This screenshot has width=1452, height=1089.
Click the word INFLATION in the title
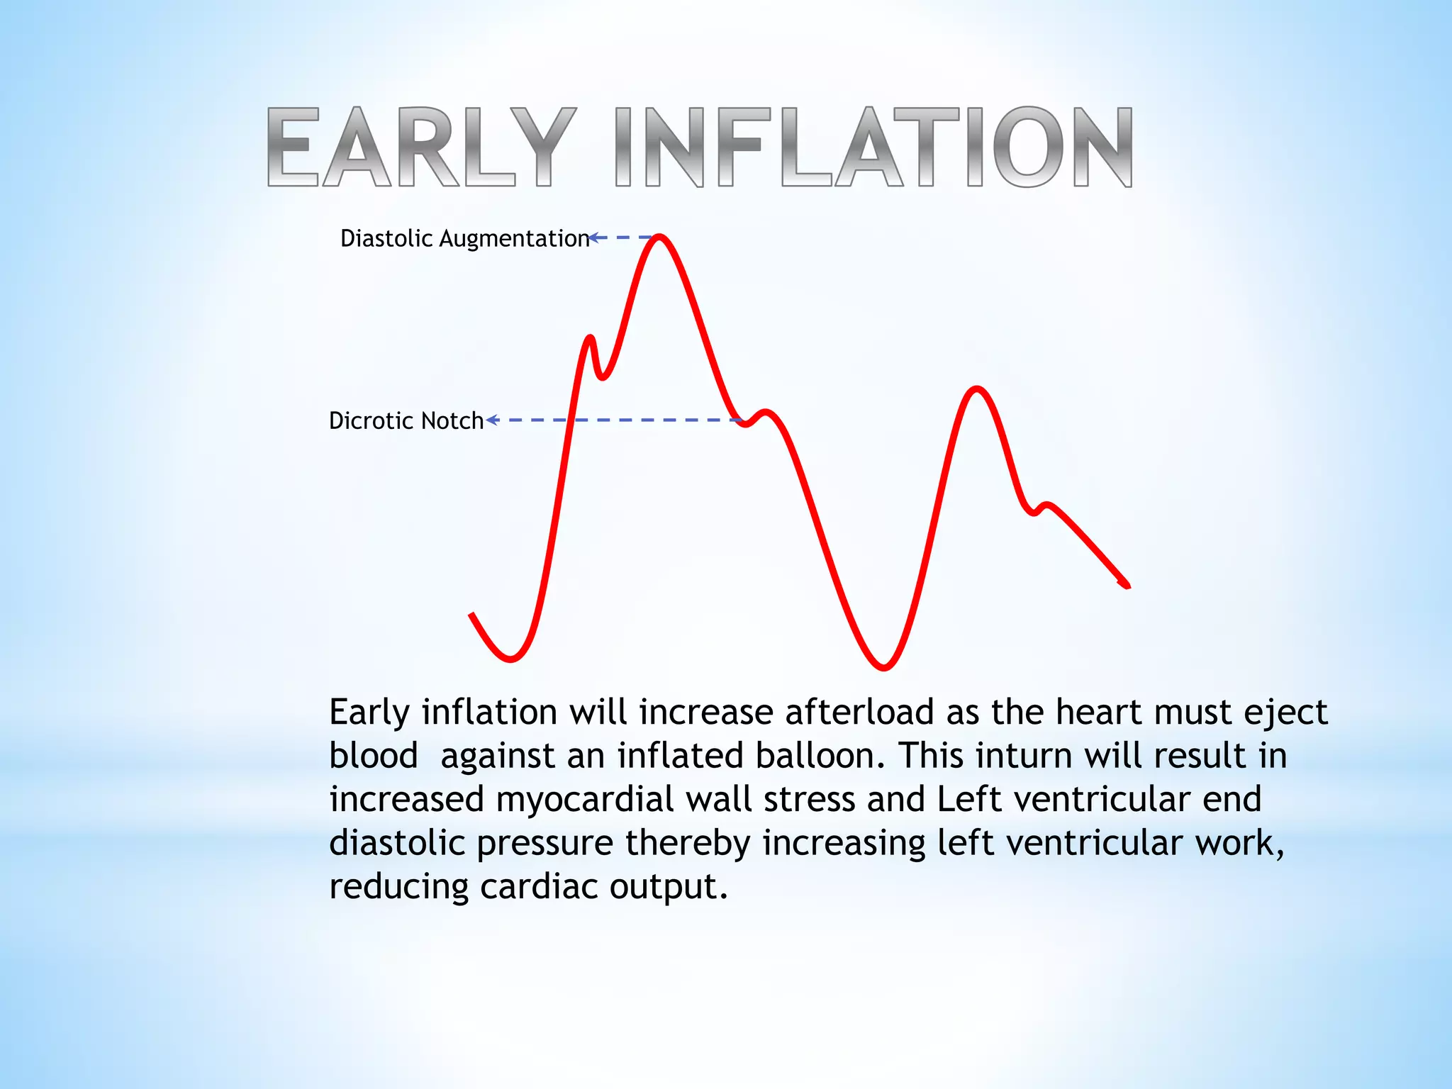873,147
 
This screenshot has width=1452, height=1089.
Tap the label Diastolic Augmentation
464,238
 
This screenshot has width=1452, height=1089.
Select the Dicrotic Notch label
406,420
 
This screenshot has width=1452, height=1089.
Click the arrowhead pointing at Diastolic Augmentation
593,238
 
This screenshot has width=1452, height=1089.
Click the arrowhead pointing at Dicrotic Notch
491,420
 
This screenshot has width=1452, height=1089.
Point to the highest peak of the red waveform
659,237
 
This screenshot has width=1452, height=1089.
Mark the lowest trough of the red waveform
883,667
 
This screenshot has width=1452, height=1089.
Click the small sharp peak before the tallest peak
590,338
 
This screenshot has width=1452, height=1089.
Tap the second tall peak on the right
977,389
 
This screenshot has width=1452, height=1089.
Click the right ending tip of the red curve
1127,586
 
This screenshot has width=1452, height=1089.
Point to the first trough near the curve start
510,659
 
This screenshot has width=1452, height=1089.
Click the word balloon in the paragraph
819,756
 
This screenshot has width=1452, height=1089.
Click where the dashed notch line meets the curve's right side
741,421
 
